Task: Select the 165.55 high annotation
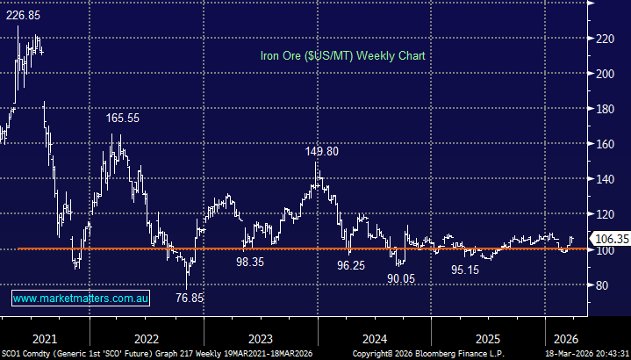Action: [123, 118]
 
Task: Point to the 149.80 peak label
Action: [322, 151]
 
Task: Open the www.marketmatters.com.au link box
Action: [81, 299]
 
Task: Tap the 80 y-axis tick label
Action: [599, 284]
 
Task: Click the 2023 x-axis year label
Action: [261, 339]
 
